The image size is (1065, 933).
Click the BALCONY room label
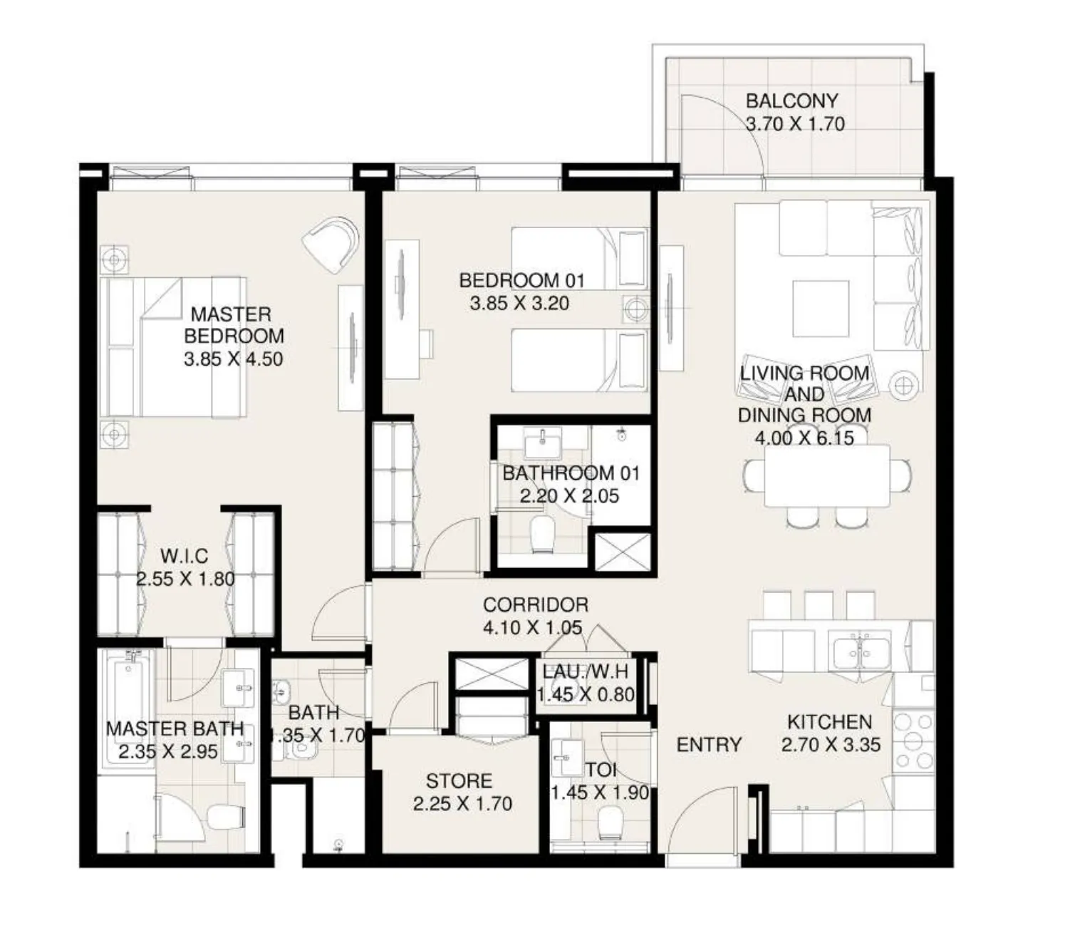791,101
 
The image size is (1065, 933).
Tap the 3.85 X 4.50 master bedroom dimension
233,359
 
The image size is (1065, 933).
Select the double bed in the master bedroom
175,347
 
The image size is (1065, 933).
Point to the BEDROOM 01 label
521,280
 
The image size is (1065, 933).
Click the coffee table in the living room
821,308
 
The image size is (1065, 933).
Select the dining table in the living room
827,475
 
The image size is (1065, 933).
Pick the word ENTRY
709,745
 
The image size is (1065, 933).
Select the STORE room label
459,780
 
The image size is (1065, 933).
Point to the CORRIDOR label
535,604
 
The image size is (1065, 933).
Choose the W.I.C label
184,556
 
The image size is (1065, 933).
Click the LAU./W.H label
585,671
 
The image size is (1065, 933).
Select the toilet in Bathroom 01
543,534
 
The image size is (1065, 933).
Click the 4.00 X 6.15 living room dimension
804,438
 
